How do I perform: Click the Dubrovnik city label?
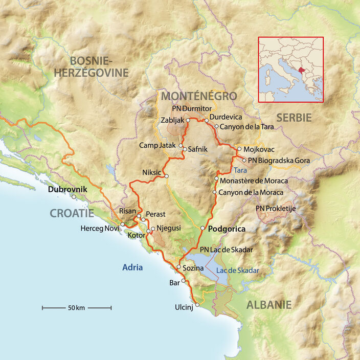(x=67, y=189)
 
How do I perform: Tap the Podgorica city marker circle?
(x=203, y=228)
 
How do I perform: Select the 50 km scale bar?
(x=77, y=307)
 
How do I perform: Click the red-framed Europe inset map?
(x=290, y=70)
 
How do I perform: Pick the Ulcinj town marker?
(x=197, y=304)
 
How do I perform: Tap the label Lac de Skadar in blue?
(x=237, y=271)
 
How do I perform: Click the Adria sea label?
(x=132, y=267)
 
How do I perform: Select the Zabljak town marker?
(x=188, y=120)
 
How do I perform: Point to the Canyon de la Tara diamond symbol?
(x=217, y=126)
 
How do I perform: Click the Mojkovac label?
(x=259, y=149)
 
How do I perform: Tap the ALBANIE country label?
(x=269, y=305)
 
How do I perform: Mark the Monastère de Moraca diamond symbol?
(x=217, y=181)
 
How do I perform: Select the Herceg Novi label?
(x=99, y=228)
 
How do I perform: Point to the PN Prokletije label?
(x=276, y=208)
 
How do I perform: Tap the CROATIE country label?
(x=72, y=213)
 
